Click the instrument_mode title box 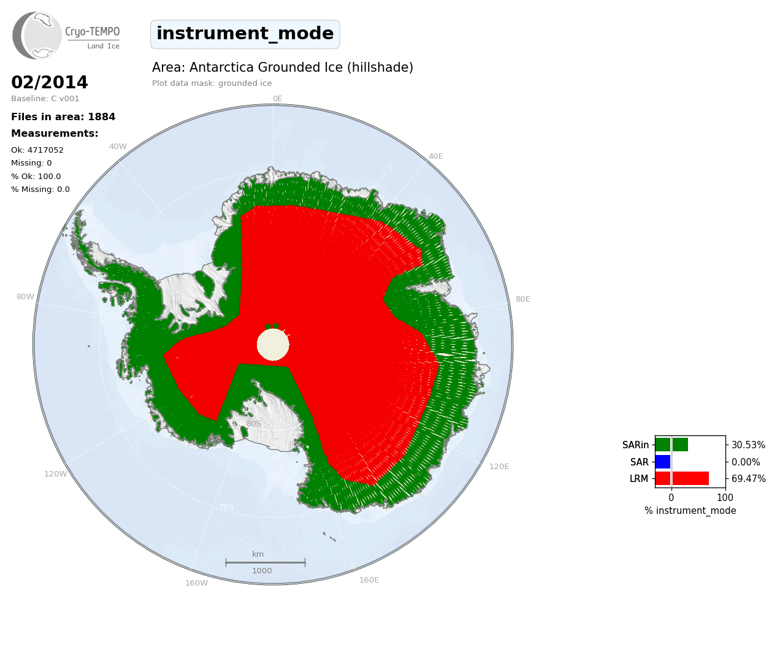245,34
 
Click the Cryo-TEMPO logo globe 37,36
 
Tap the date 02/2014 49,82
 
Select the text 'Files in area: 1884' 63,117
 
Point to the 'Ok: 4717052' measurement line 37,150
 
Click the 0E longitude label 278,99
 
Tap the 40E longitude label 435,156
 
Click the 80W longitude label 25,297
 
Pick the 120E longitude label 499,466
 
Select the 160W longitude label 196,583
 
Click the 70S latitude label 226,507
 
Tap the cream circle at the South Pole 273,345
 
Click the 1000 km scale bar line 266,562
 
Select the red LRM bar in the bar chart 682,478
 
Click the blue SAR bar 663,462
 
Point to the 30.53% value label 748,445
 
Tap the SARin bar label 635,445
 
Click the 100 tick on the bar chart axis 725,497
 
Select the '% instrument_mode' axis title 690,511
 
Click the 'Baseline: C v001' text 45,99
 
